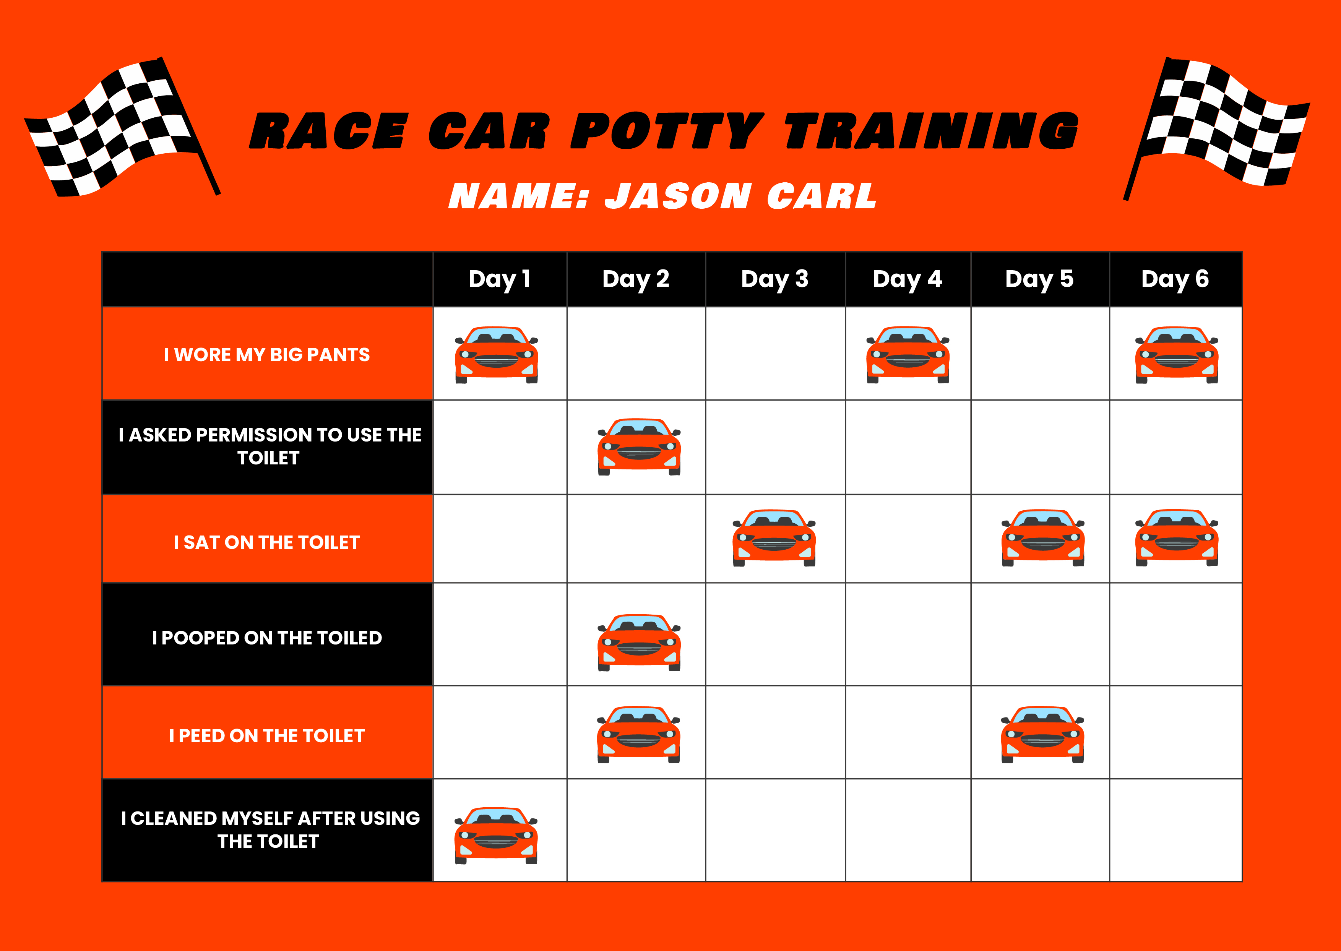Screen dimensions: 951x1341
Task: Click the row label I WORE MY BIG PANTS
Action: click(x=267, y=354)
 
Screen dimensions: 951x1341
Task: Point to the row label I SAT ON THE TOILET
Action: click(x=267, y=542)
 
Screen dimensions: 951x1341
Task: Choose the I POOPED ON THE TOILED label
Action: click(x=267, y=637)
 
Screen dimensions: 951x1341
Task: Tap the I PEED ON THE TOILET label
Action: click(x=267, y=735)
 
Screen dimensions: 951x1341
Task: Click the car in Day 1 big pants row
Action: click(x=497, y=355)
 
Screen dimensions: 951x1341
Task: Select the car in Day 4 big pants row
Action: click(x=908, y=355)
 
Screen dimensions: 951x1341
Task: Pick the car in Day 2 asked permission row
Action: click(x=639, y=447)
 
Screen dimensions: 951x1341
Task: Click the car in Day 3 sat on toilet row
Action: click(x=774, y=537)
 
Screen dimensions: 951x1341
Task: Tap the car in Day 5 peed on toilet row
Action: click(x=1042, y=734)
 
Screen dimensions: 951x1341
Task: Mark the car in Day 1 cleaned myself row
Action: click(x=496, y=835)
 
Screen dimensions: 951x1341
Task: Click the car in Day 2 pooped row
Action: click(x=639, y=643)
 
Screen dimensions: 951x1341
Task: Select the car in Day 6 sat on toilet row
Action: click(x=1177, y=537)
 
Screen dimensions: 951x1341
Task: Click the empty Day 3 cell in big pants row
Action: click(x=775, y=354)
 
